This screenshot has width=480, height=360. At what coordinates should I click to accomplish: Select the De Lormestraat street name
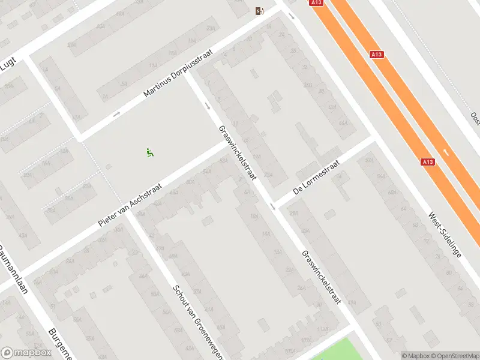(x=316, y=178)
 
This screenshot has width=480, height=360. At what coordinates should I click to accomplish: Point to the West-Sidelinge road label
(x=445, y=234)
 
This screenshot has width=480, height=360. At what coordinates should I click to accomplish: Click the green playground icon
(x=149, y=153)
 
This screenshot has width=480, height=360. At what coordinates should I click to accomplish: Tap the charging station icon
(x=259, y=10)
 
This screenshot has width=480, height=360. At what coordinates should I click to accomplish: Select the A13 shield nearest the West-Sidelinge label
(x=427, y=161)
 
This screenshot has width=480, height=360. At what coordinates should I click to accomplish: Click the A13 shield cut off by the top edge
(x=317, y=2)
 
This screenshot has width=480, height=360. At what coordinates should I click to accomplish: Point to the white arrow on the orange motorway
(x=446, y=152)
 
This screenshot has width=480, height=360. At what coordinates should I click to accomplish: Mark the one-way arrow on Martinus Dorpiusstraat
(x=116, y=113)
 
